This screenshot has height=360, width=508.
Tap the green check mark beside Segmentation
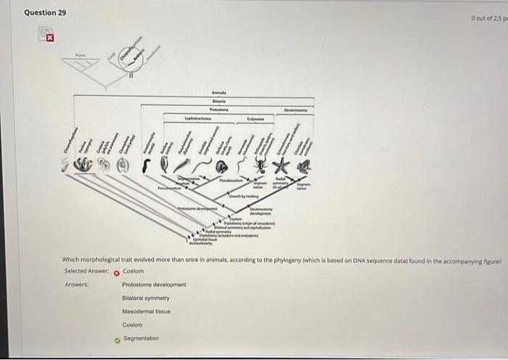point(115,339)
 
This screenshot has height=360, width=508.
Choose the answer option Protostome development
point(154,285)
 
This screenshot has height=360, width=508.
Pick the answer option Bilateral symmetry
point(145,298)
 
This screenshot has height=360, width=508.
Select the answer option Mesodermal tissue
point(146,311)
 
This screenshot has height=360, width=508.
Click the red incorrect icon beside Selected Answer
point(115,271)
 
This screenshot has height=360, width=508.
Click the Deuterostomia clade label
point(295,110)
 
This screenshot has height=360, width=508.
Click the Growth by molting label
point(245,197)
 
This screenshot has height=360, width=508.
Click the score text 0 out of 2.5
point(488,17)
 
